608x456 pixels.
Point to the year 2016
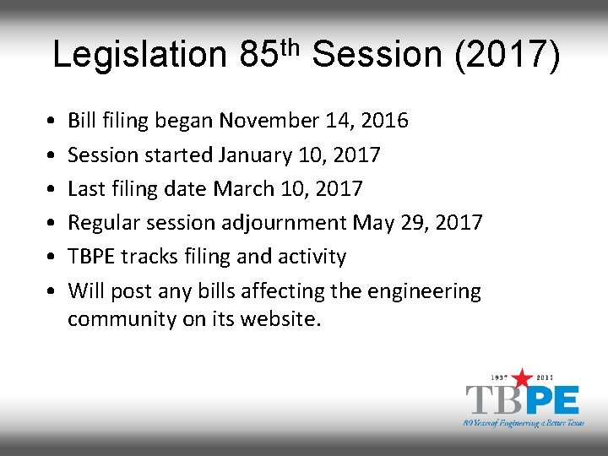(x=385, y=121)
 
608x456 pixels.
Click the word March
(x=243, y=189)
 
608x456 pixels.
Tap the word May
(x=372, y=223)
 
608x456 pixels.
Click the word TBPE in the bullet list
(x=94, y=257)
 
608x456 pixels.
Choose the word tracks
(x=153, y=257)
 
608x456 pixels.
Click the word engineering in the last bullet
(x=425, y=292)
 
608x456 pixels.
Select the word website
(x=282, y=319)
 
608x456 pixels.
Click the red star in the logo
(x=524, y=377)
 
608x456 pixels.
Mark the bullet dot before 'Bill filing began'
(x=52, y=121)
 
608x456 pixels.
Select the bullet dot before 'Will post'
(x=52, y=291)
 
